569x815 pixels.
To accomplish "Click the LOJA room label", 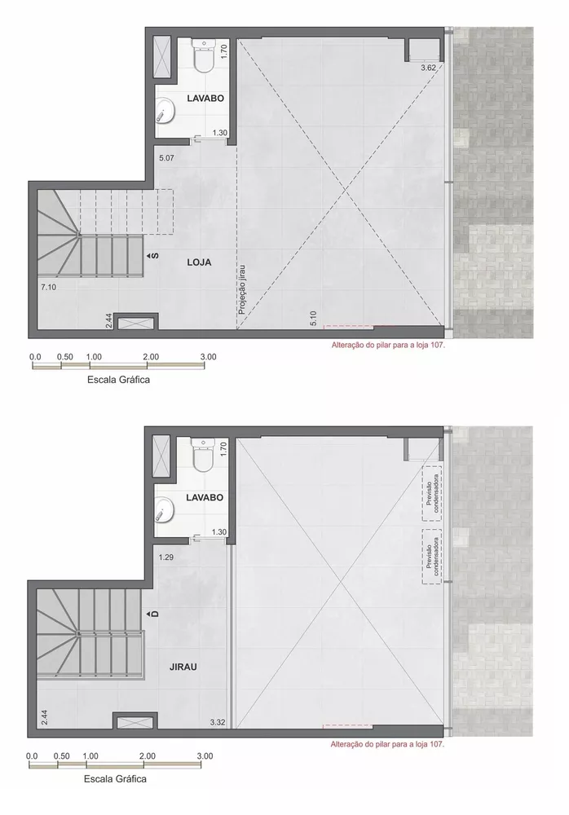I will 199,262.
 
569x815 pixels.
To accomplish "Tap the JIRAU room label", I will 183,665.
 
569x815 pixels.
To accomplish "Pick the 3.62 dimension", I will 428,68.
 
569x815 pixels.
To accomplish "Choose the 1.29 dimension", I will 166,557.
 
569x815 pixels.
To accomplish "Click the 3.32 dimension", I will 217,723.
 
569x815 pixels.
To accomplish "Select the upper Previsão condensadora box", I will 433,493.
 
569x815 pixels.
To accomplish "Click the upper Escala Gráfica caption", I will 118,379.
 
